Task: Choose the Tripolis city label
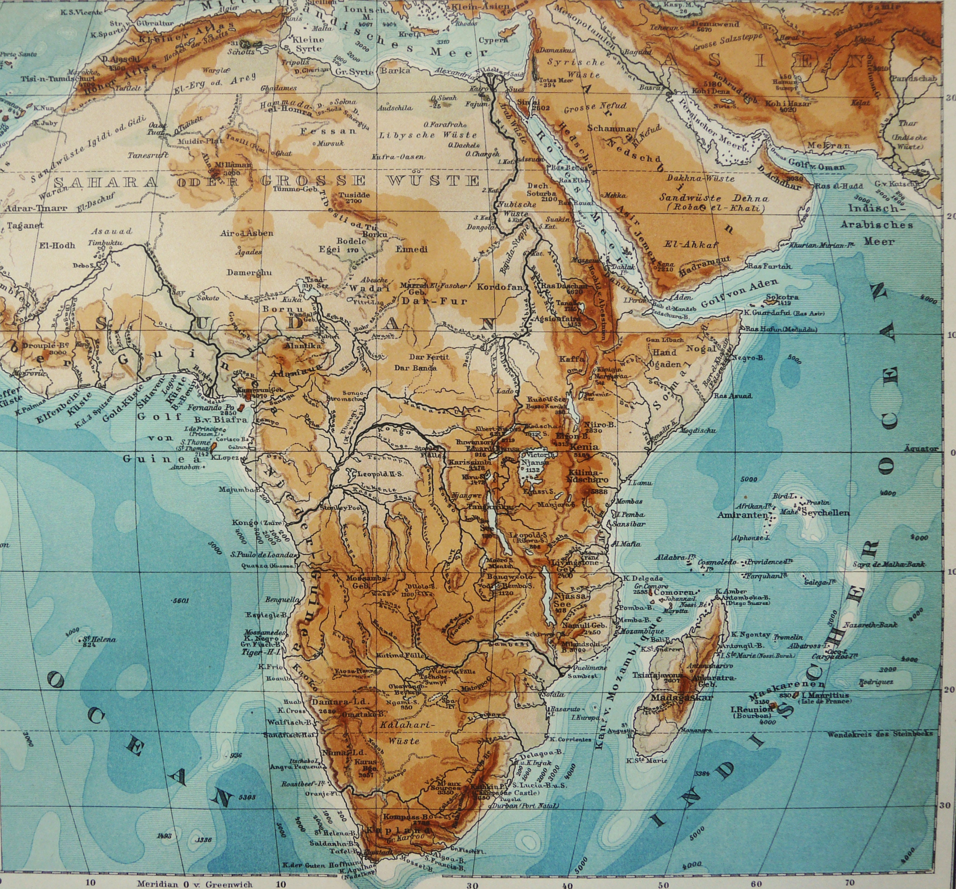295,63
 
